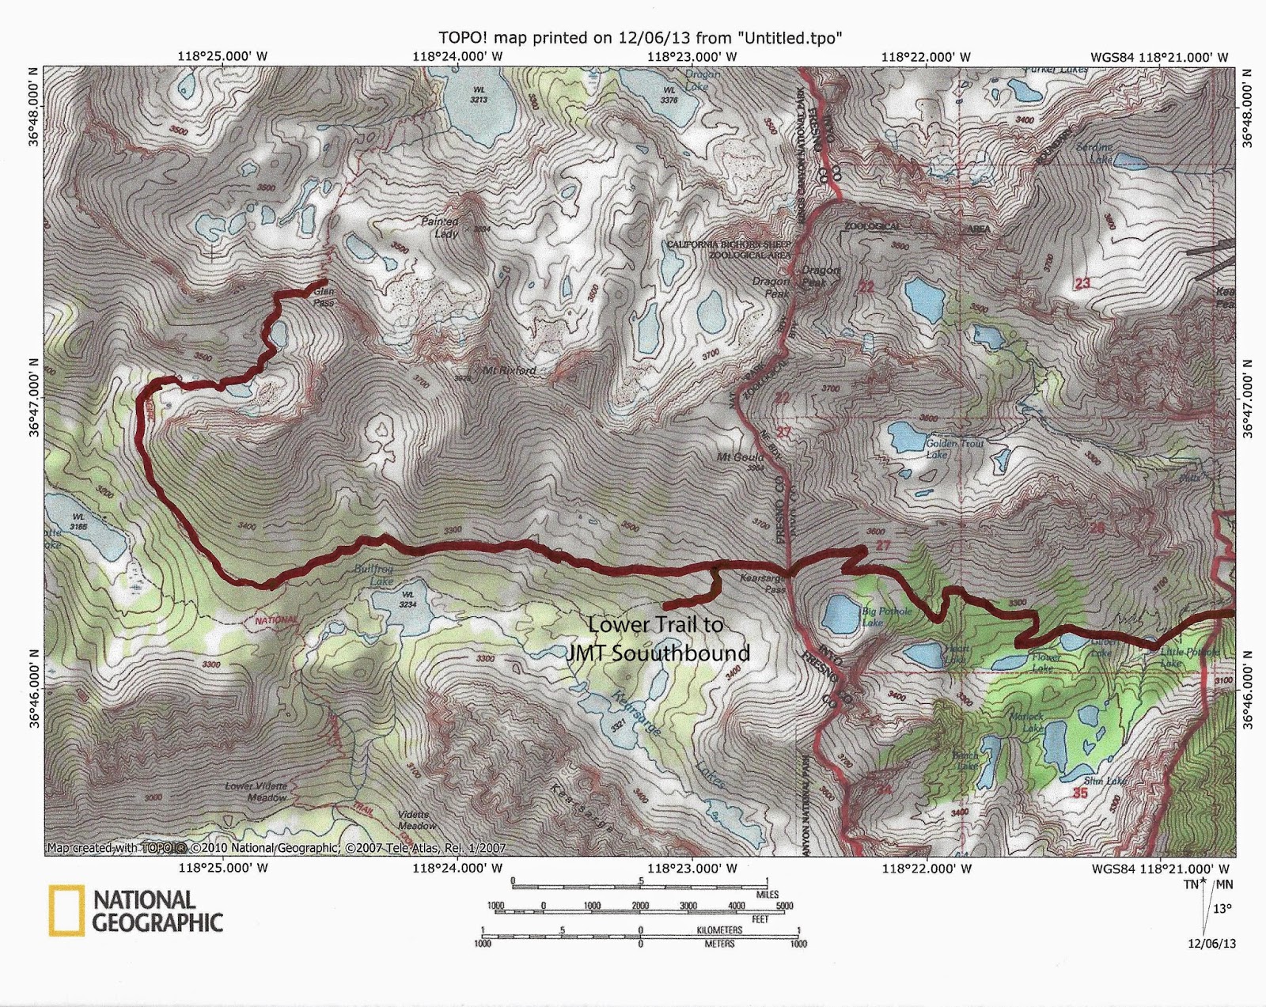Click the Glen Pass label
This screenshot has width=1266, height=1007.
[x=324, y=297]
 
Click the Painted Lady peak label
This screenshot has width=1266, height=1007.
[x=440, y=228]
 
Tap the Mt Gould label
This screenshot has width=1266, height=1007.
[x=740, y=457]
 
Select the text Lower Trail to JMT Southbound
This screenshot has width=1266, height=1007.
[x=667, y=638]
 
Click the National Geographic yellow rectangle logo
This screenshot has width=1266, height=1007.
[x=66, y=910]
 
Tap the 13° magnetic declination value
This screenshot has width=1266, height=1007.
[x=1222, y=909]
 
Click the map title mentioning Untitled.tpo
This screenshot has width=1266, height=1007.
[x=639, y=37]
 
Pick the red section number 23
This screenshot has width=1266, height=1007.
[x=1082, y=283]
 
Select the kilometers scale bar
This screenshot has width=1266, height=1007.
[x=639, y=933]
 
